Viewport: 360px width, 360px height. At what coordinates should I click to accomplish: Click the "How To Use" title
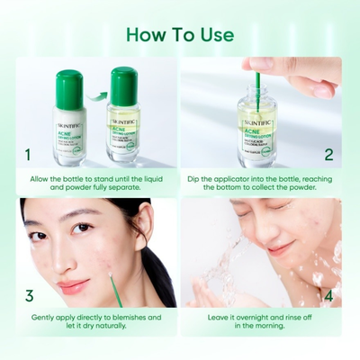(180, 35)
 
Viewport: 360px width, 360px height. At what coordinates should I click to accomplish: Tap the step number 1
(29, 155)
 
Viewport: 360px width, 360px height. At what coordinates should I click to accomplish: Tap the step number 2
(328, 155)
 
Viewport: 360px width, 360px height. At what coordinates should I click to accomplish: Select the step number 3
(29, 294)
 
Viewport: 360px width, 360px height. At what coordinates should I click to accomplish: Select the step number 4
(328, 294)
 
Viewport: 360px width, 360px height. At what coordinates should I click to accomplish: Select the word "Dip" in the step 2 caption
(196, 179)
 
